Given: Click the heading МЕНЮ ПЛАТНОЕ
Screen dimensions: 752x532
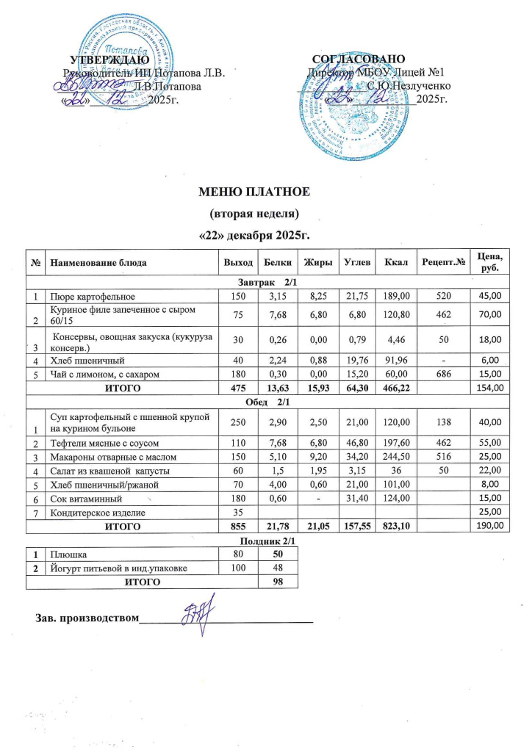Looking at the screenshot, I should coord(256,193).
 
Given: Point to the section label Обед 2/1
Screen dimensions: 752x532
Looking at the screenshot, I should coord(266,399).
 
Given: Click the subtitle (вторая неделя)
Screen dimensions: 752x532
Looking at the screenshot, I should coord(256,214).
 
